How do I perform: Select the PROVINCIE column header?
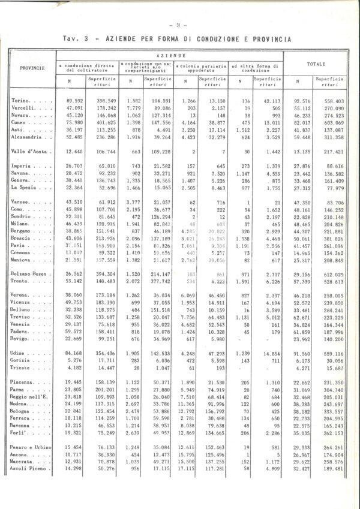pos(32,68)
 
